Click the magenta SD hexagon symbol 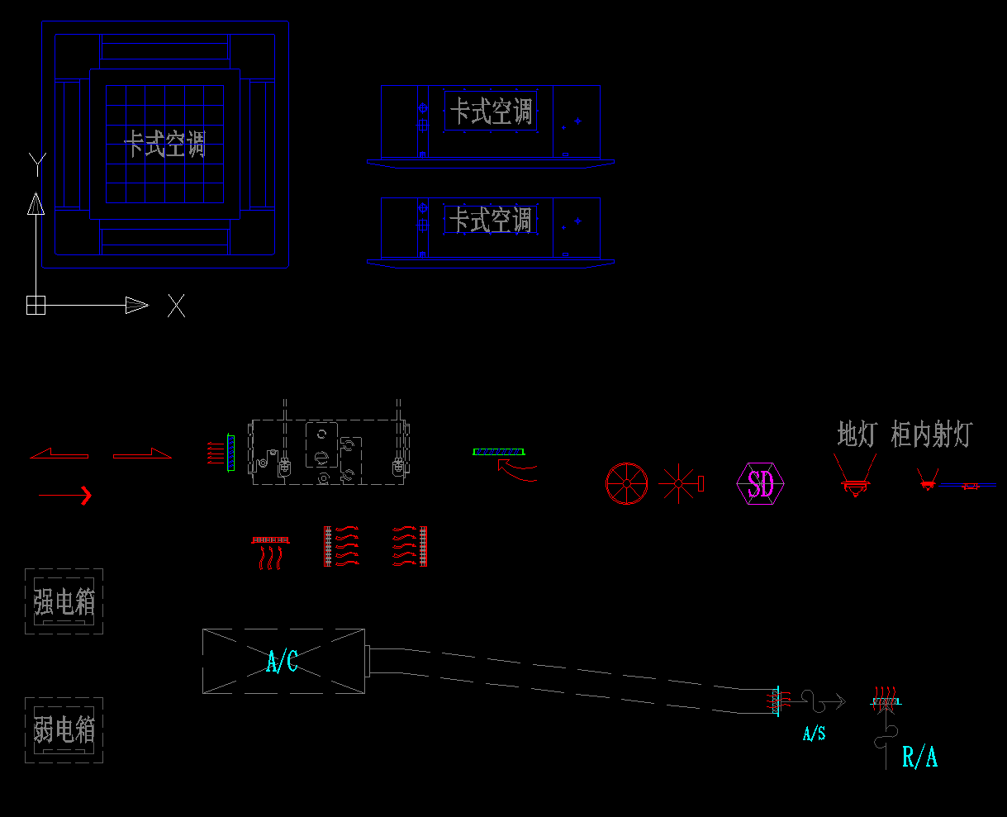[x=760, y=484]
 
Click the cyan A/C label [x=282, y=661]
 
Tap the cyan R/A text [x=919, y=757]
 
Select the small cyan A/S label [x=814, y=733]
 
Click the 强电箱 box [x=64, y=601]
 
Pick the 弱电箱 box [x=64, y=729]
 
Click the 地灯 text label [x=856, y=435]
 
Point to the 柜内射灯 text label [x=931, y=435]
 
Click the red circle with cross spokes [x=626, y=483]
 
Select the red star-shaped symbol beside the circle [x=677, y=483]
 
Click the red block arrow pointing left [x=59, y=454]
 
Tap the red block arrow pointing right [x=142, y=454]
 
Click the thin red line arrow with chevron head [x=65, y=496]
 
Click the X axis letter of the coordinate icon [x=176, y=306]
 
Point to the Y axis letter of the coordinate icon [x=36, y=164]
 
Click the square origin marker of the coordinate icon [x=35, y=305]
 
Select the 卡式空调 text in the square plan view [x=164, y=145]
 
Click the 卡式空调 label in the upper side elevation [x=491, y=111]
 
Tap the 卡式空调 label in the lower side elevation [x=491, y=221]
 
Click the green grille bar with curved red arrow [x=498, y=452]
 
